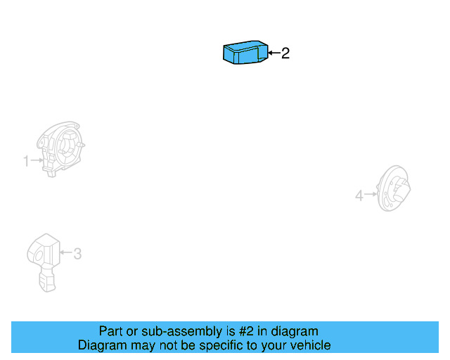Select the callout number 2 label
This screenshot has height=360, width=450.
285,53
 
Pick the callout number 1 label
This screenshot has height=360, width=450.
26,162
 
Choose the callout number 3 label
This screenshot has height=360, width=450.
77,253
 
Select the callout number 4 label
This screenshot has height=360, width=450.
359,195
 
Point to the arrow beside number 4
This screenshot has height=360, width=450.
371,195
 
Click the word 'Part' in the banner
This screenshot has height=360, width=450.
111,331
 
